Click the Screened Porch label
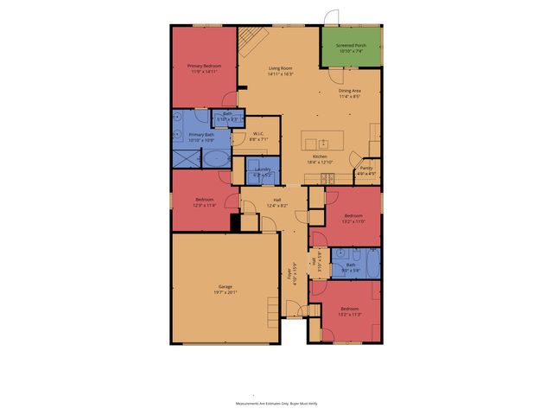[350, 45]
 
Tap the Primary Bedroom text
[204, 66]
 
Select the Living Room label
[281, 68]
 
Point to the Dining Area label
[349, 91]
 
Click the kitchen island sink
[322, 143]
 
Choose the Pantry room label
[366, 168]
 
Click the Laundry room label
[263, 169]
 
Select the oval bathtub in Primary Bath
[216, 159]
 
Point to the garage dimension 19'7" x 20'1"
[225, 292]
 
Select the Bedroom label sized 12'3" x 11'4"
[204, 200]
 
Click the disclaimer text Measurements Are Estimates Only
[276, 404]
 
